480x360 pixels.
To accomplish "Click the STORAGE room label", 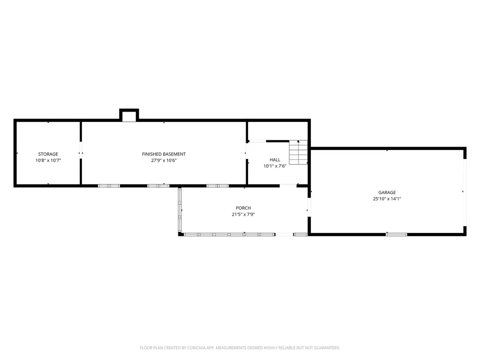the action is coord(48,154).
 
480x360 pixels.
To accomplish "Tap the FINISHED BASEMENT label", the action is coord(164,154).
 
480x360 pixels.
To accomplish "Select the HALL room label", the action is coord(275,159).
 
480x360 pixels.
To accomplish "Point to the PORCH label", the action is coord(243,208).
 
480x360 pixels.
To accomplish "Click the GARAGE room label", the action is coord(387,192).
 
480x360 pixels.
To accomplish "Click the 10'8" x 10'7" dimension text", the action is coord(48,160).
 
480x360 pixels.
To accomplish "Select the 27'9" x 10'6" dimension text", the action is coord(164,160).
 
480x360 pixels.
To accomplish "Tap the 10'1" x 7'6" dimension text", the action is coord(275,166).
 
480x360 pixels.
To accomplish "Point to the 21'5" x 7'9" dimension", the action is coord(243,214).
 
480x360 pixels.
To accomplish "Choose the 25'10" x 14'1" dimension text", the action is coord(387,199).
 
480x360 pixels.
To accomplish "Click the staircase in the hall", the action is coord(299,152).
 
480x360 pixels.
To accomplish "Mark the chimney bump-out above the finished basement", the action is coord(129,115).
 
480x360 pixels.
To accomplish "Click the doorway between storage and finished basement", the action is coord(81,150).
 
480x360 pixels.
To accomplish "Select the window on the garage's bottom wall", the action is coord(397,234).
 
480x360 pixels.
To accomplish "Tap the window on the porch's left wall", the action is coord(180,210).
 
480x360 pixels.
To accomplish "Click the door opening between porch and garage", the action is coord(309,208).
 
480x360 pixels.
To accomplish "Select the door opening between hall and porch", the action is coord(288,186).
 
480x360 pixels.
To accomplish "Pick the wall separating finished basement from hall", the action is coord(247,153).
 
